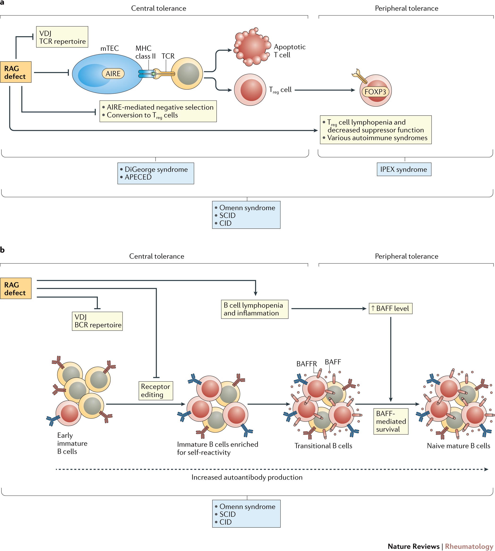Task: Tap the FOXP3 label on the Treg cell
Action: tap(375, 92)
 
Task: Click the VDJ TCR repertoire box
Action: tap(62, 37)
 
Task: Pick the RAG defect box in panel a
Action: tap(16, 72)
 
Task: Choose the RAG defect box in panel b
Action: tap(16, 288)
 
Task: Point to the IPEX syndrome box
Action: tap(404, 169)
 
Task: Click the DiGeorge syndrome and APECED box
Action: tap(156, 173)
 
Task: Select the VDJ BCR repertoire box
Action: tap(97, 321)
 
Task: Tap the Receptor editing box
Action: tap(156, 390)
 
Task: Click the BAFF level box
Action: tap(390, 308)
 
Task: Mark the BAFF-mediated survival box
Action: tap(391, 421)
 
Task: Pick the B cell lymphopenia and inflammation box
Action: tap(254, 309)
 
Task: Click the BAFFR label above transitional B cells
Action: tap(306, 364)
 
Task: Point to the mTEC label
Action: tap(110, 48)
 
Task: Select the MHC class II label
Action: tap(145, 52)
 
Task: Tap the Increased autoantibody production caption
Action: tap(247, 477)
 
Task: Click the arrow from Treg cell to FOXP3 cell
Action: tap(325, 90)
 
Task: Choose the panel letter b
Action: tap(2, 250)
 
